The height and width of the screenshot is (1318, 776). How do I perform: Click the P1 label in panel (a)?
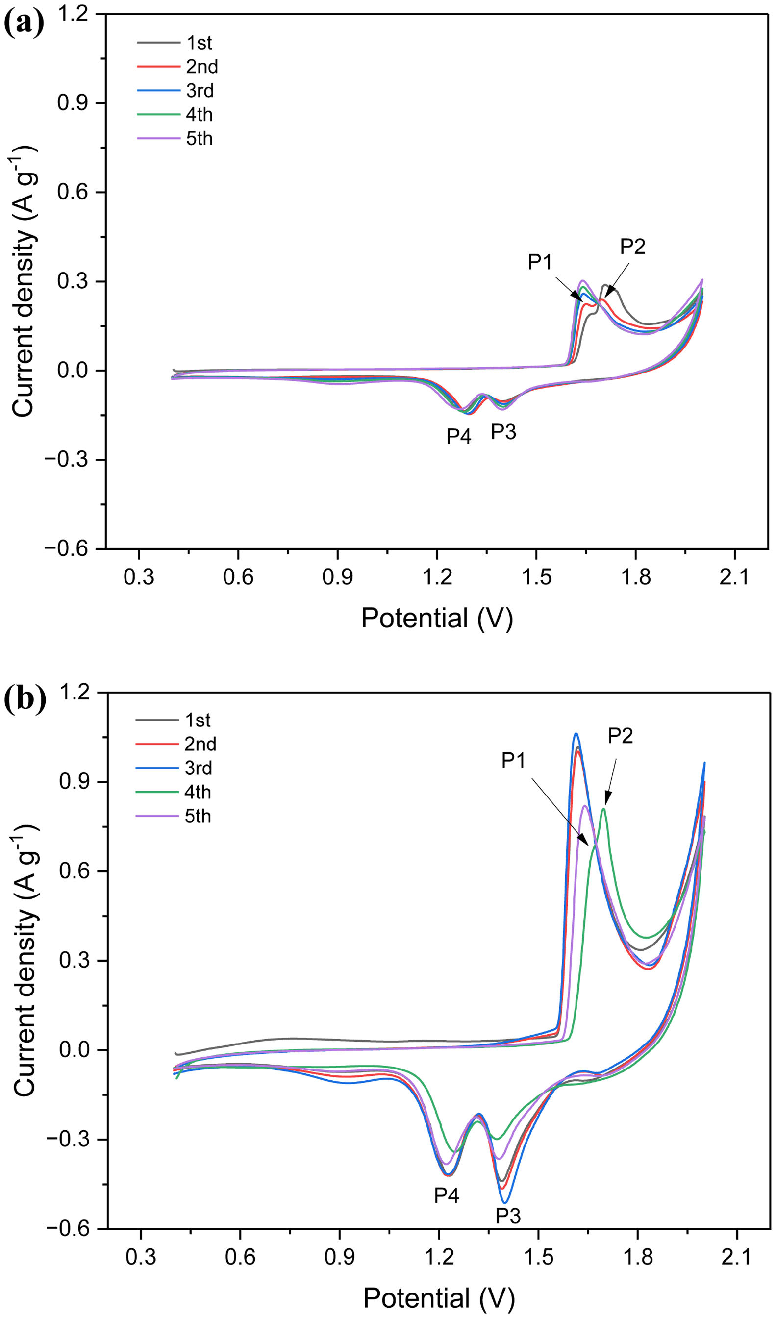point(540,262)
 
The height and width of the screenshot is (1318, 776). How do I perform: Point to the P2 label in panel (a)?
point(633,246)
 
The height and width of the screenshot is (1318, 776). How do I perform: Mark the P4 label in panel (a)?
point(459,436)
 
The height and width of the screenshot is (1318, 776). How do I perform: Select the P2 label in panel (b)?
point(620,736)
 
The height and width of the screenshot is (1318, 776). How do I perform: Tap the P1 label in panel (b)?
point(514,760)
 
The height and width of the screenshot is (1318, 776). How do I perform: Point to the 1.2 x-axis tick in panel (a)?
point(437,577)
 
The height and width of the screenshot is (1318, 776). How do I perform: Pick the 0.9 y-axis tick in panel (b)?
point(73,781)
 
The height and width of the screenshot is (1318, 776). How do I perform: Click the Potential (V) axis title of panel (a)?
point(437,618)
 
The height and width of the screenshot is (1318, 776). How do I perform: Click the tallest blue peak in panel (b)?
point(576,734)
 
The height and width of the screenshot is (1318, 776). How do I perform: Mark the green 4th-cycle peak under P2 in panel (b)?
point(603,809)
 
